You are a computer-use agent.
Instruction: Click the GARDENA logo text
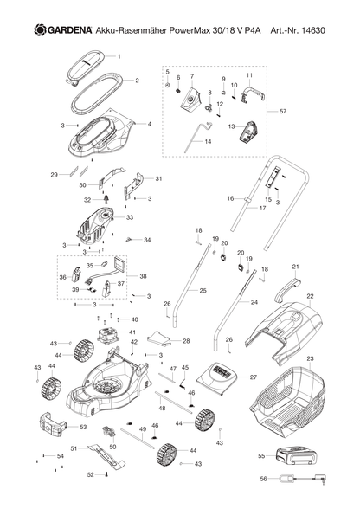tap(70, 30)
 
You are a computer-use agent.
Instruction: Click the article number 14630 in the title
tap(313, 30)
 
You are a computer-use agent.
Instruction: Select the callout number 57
tap(283, 112)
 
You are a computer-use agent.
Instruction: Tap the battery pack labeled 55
tap(296, 454)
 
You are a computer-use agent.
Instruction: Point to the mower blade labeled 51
tap(106, 455)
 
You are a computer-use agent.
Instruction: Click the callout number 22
tap(310, 296)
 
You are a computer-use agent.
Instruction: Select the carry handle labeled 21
tap(286, 287)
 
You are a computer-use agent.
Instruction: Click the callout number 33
tap(130, 217)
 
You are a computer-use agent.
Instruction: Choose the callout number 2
tap(137, 81)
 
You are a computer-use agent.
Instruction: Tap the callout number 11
tap(249, 75)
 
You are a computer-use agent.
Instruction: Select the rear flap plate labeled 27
tap(217, 376)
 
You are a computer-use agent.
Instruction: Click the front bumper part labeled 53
tap(53, 425)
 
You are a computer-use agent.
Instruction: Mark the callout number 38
tap(143, 276)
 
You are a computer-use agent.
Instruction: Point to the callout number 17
tap(262, 208)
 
